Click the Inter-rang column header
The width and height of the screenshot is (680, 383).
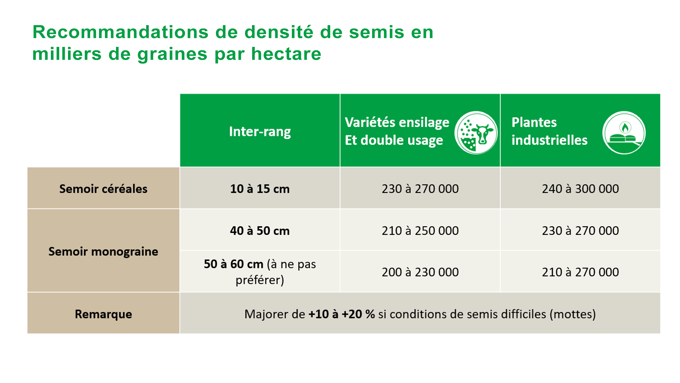[260, 132]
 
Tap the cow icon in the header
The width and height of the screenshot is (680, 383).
[476, 133]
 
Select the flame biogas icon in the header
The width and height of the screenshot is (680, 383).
[624, 133]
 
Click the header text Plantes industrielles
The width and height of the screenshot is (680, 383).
[549, 131]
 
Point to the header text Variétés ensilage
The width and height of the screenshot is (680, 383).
[397, 122]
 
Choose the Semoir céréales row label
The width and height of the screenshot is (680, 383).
[103, 189]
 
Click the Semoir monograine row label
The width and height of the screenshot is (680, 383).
[103, 252]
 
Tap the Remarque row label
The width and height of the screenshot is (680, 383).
[103, 314]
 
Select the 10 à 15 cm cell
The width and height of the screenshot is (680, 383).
[260, 189]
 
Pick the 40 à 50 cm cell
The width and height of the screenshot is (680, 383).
[260, 231]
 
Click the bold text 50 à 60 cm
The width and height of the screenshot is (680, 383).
[234, 264]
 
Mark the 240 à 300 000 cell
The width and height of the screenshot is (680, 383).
[580, 189]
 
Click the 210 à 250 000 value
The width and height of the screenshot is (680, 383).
[420, 231]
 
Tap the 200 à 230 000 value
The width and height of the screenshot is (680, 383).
[420, 272]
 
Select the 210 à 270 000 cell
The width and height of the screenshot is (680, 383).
[580, 272]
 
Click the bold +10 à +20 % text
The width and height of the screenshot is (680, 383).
[342, 314]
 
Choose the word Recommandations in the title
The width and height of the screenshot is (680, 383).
[120, 32]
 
